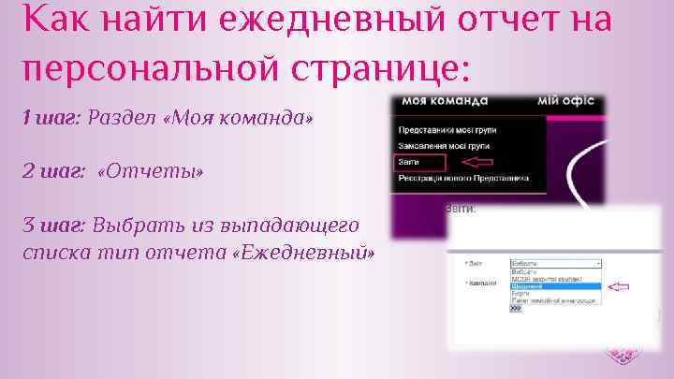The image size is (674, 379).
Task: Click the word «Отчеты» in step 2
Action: tap(150, 172)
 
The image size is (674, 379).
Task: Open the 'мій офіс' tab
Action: tap(565, 101)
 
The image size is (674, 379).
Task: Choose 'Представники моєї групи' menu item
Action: tap(447, 129)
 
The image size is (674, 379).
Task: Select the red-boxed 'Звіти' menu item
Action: tap(413, 162)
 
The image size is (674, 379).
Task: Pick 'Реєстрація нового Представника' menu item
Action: tap(463, 178)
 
